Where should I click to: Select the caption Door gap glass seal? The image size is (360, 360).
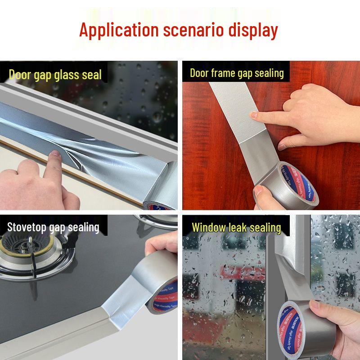point(55,74)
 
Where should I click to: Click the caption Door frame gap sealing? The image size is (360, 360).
point(237,73)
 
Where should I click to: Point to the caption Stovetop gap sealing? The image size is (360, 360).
point(53,227)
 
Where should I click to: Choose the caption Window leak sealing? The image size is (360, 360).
point(236,227)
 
